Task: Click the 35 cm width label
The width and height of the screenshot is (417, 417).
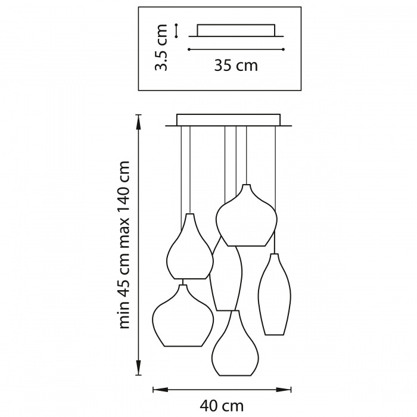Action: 236,66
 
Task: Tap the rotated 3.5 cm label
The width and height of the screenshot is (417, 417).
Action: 161,48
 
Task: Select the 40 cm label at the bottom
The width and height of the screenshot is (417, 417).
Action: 222,406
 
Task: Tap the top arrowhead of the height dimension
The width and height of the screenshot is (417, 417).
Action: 138,122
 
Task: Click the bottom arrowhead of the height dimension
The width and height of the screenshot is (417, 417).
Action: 138,368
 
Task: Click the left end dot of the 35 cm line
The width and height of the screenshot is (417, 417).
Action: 189,49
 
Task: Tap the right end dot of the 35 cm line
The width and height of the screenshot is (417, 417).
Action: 284,49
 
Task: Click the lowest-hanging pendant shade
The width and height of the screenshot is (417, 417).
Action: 235,343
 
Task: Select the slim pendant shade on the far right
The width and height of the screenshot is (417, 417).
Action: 275,294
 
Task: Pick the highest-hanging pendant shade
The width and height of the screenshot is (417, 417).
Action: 247,215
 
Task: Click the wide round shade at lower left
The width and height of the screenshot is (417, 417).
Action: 183,315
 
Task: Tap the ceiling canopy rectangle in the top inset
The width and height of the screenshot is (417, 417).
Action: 236,30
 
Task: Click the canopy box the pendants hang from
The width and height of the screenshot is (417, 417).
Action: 228,120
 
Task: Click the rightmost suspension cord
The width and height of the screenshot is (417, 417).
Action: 275,190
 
